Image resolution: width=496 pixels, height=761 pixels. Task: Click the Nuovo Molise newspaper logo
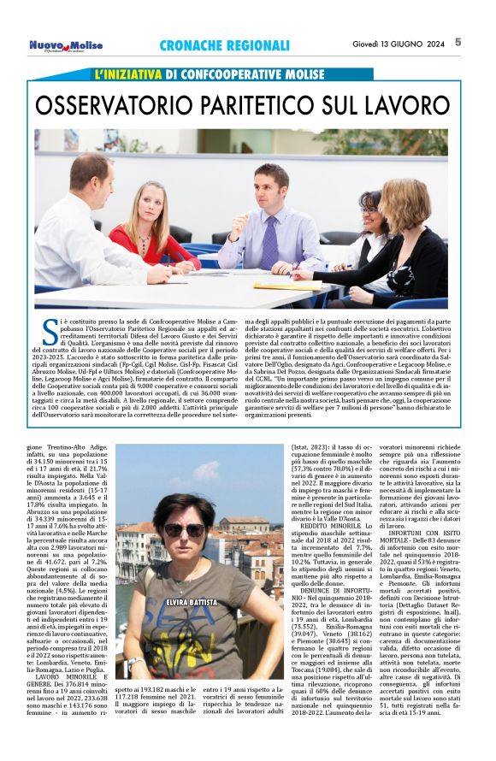pyautogui.click(x=66, y=45)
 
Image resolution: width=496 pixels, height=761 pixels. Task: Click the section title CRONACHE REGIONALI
pyautogui.click(x=225, y=45)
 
